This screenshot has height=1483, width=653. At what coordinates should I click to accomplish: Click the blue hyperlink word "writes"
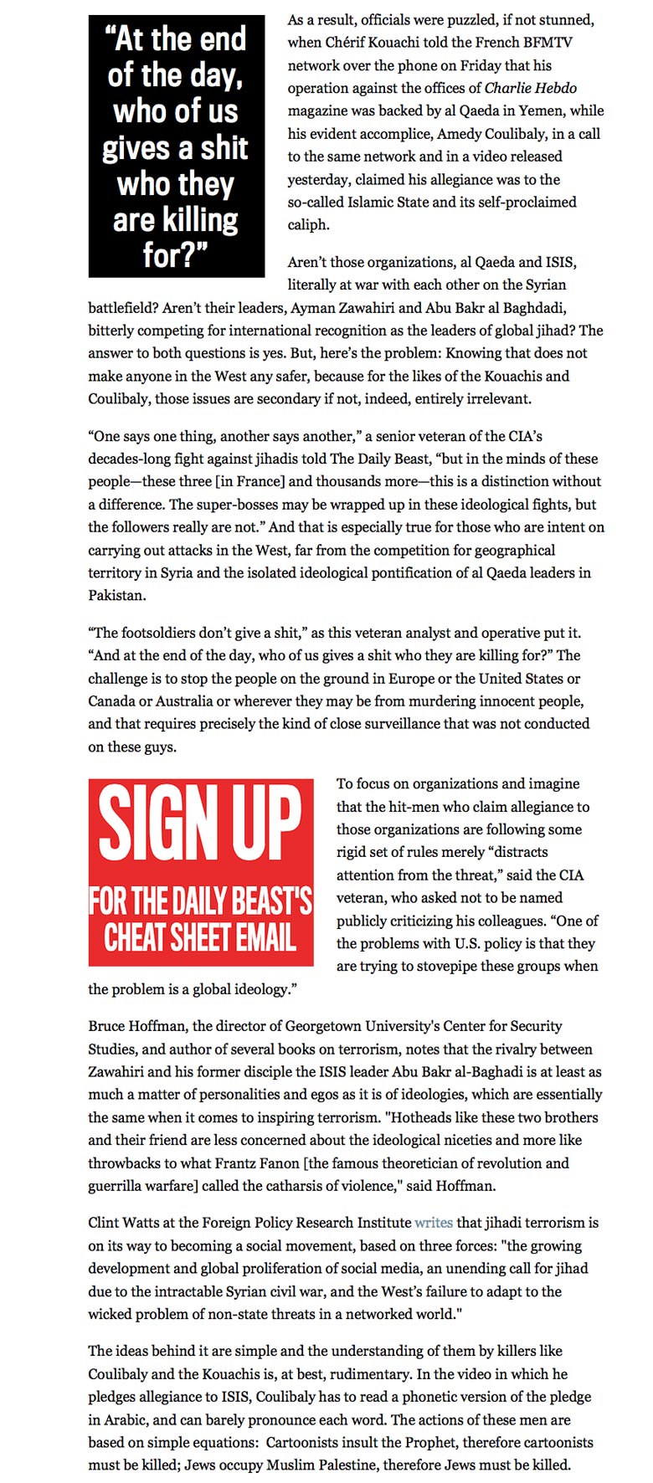pyautogui.click(x=434, y=1223)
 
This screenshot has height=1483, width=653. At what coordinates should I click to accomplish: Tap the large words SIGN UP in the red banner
pyautogui.click(x=201, y=824)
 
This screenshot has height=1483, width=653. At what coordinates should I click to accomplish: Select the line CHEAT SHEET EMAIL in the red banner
pyautogui.click(x=201, y=937)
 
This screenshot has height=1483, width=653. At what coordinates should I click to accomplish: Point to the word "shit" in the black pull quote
pyautogui.click(x=224, y=148)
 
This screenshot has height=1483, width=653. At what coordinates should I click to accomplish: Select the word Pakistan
pyautogui.click(x=117, y=596)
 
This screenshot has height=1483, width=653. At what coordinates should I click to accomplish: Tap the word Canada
pyautogui.click(x=113, y=701)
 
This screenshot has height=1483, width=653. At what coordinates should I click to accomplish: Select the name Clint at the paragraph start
pyautogui.click(x=105, y=1223)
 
